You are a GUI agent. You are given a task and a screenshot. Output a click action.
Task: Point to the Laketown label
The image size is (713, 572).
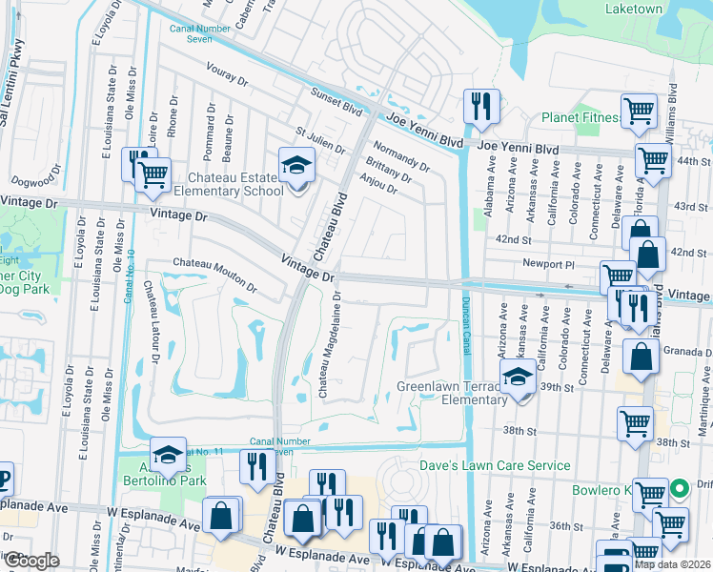click(633, 9)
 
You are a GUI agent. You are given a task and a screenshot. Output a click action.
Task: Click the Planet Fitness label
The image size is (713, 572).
click(581, 118)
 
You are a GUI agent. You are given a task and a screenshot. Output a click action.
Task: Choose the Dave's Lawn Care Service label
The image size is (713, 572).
click(496, 466)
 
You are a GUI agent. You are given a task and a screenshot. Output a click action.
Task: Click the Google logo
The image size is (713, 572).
click(31, 561)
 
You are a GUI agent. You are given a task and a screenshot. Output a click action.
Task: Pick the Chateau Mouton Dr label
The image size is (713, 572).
click(214, 275)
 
